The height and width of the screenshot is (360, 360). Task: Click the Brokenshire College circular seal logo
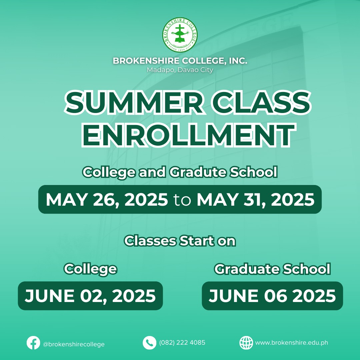tap(180, 35)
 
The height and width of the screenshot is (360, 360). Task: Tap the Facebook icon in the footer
tap(33, 343)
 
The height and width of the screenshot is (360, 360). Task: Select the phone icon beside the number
tap(149, 343)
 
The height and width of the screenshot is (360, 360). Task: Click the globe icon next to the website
tap(246, 343)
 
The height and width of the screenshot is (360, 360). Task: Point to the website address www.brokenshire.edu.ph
tap(292, 343)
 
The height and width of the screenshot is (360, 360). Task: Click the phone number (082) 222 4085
tap(182, 343)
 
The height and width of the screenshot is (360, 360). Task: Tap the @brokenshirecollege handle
tap(74, 344)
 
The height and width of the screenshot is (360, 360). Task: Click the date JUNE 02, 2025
tap(90, 296)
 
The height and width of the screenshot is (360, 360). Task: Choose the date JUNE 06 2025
tap(272, 296)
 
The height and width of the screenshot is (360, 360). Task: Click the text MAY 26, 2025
tap(107, 200)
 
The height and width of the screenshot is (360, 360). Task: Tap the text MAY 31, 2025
tap(256, 200)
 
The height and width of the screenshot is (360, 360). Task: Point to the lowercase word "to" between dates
tap(182, 200)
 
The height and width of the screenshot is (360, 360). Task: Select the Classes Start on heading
tap(180, 241)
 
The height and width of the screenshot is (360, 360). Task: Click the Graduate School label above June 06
tap(272, 269)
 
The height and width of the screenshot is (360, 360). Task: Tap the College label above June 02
tap(90, 269)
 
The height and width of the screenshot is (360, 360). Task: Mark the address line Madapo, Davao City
tap(180, 70)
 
